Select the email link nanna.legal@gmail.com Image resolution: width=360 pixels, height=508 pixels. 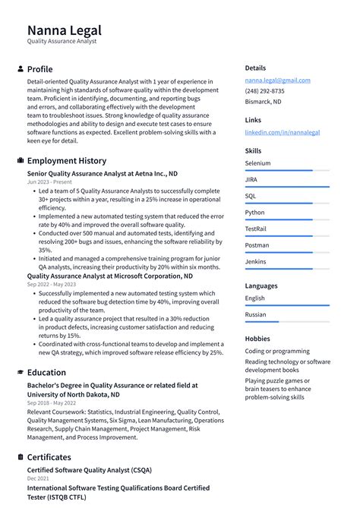pyautogui.click(x=277, y=80)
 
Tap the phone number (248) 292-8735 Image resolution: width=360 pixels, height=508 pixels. pyautogui.click(x=264, y=91)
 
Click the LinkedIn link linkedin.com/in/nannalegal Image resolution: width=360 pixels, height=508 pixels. pyautogui.click(x=282, y=132)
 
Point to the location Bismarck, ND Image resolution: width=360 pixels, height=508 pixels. pyautogui.click(x=263, y=101)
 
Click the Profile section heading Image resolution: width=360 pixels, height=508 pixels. pyautogui.click(x=39, y=69)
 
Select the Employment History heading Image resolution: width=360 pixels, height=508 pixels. pyautogui.click(x=67, y=161)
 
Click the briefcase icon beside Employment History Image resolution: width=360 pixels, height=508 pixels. pyautogui.click(x=20, y=161)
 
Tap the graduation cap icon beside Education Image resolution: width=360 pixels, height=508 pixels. pyautogui.click(x=20, y=373)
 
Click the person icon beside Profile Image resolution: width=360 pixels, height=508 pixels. pyautogui.click(x=20, y=69)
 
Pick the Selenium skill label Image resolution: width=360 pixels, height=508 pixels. pyautogui.click(x=257, y=163)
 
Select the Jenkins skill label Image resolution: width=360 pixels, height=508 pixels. pyautogui.click(x=256, y=261)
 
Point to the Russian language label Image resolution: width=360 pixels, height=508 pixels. pyautogui.click(x=256, y=314)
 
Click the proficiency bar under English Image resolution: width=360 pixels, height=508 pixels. pyautogui.click(x=287, y=305)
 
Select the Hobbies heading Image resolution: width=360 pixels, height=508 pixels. pyautogui.click(x=258, y=339)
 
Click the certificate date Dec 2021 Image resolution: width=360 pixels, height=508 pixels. pyautogui.click(x=38, y=479)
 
